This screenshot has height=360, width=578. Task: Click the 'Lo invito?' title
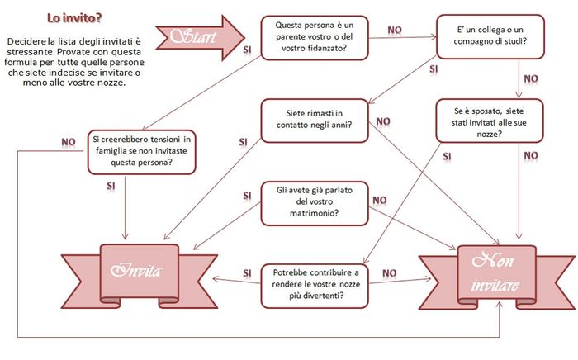click(74, 18)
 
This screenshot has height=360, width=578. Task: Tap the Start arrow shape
click(200, 38)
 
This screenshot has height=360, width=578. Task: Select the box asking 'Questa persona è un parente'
click(315, 38)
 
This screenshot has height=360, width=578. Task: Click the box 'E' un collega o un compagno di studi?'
click(490, 36)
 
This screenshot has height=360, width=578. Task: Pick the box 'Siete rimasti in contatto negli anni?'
click(315, 121)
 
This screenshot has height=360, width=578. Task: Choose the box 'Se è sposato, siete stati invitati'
click(490, 121)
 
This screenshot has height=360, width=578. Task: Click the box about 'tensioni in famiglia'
click(141, 152)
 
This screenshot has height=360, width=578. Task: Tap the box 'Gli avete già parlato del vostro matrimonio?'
click(315, 203)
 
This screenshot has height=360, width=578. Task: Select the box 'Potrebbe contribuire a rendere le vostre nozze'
click(315, 286)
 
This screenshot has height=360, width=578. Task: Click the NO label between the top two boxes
click(395, 31)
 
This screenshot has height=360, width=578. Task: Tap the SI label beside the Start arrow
click(248, 50)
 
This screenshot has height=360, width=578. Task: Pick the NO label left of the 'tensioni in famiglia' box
click(69, 142)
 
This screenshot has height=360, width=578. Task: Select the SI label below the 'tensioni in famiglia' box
click(111, 186)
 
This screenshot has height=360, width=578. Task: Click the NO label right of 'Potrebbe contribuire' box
click(389, 273)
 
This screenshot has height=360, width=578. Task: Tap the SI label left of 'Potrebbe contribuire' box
click(248, 273)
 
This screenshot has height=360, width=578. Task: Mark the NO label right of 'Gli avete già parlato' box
click(380, 201)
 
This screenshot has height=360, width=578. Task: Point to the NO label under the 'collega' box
click(531, 79)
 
